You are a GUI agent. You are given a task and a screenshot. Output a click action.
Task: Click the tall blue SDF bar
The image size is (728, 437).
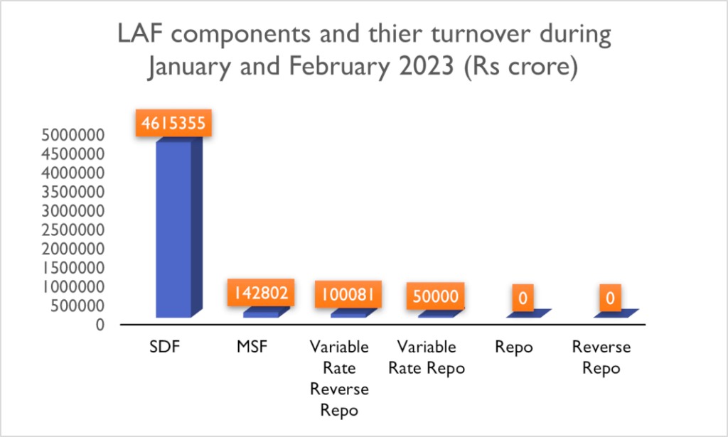coord(173,227)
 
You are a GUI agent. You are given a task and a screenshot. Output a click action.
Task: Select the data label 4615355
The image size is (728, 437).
coord(173,124)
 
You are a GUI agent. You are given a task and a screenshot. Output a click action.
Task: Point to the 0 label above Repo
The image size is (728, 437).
coord(523,298)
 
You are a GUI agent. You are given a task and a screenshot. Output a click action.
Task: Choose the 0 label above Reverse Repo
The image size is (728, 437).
coord(610,298)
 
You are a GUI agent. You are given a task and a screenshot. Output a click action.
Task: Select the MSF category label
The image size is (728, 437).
coord(251,347)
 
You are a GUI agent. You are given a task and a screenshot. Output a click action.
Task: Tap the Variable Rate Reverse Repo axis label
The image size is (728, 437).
coord(338,379)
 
